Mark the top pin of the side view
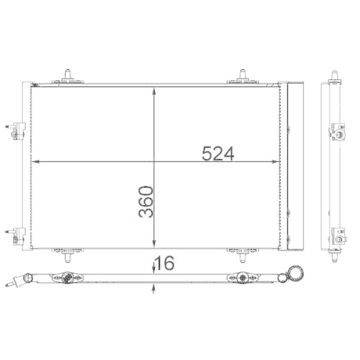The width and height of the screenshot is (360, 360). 335,75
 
